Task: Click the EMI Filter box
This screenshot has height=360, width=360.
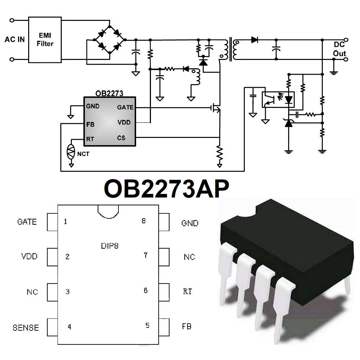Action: (x=45, y=39)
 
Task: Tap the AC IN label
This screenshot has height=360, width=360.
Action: (x=14, y=39)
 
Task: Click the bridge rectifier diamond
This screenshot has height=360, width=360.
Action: (x=109, y=39)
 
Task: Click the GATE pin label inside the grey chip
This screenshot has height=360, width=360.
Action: (x=125, y=107)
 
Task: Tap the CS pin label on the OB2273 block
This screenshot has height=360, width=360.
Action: (x=121, y=138)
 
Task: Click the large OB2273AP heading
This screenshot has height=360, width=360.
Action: (x=166, y=189)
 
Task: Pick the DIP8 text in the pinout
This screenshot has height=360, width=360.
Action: (x=109, y=247)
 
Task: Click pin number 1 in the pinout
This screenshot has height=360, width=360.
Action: (x=65, y=222)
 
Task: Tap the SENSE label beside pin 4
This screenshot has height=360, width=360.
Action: (x=26, y=328)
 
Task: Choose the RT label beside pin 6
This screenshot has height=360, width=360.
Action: (x=187, y=291)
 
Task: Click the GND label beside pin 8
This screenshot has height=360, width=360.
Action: (x=190, y=224)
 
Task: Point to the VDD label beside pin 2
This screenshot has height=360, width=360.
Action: (x=29, y=257)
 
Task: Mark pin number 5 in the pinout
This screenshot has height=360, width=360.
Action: (x=147, y=325)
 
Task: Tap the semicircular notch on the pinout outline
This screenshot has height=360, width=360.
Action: (x=108, y=211)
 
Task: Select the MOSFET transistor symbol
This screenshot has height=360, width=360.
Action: (x=216, y=107)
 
